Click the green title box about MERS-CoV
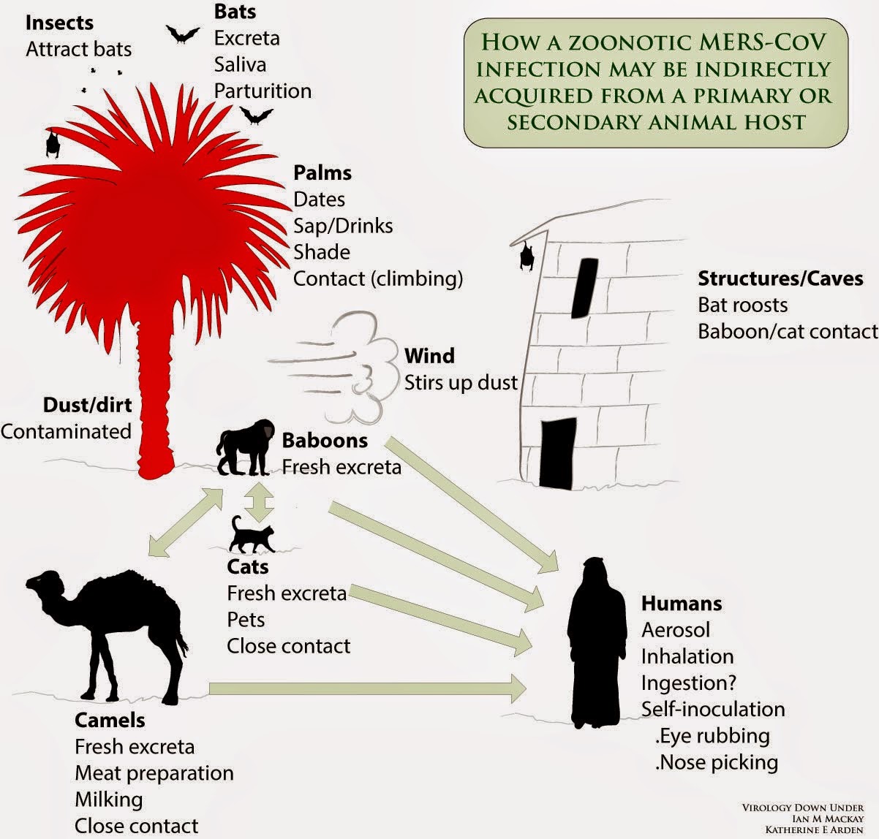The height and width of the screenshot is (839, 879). coord(655,82)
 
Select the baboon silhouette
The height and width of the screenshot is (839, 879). coord(245,448)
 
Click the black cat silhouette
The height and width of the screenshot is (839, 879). coord(251,535)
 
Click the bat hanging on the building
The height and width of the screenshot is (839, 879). coord(524,256)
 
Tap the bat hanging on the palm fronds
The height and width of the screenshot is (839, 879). coord(52,143)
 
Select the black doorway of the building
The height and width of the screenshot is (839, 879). coord(557,453)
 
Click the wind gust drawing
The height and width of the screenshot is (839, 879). coord(336,369)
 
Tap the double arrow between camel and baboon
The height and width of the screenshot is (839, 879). coord(186,523)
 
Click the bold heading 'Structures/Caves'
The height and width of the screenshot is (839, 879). coord(780,278)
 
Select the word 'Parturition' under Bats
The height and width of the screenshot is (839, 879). coord(263,91)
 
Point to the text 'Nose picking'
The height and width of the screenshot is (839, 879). coord(717,762)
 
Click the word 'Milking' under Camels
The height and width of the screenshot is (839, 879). coord(108,800)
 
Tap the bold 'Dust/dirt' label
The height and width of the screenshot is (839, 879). coord(87,405)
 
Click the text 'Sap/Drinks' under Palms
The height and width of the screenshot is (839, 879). coord(343,226)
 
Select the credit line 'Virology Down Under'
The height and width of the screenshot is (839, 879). coord(802,808)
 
